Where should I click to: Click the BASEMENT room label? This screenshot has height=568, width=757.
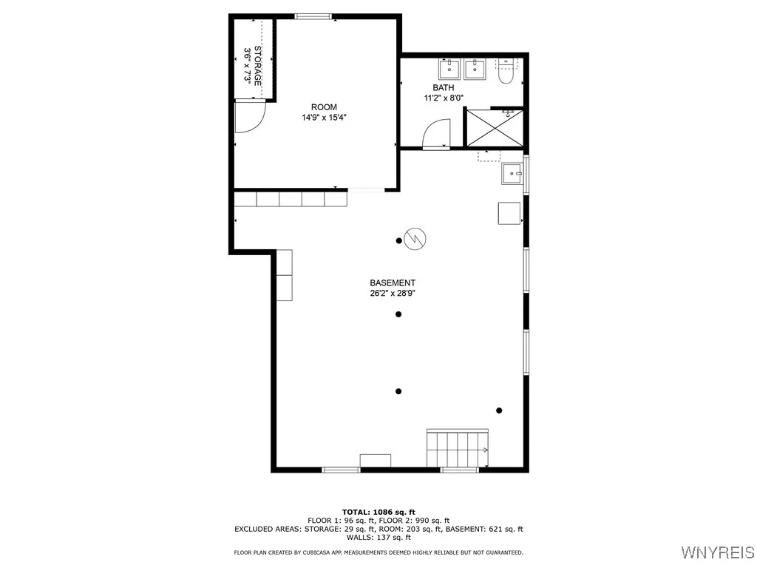393,283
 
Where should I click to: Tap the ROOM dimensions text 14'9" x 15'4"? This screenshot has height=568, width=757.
324,117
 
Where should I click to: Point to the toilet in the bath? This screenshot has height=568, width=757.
506,72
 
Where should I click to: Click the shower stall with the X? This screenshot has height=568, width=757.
491,127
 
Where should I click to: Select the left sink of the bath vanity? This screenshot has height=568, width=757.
449,70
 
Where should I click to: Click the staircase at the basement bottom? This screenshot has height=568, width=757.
457,448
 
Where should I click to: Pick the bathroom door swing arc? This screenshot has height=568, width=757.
435,135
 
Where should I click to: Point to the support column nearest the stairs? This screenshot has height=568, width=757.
499,410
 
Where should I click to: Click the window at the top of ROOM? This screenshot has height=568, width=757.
313,16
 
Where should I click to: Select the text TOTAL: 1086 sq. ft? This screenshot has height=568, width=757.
378,512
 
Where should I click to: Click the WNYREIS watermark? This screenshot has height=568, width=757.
717,552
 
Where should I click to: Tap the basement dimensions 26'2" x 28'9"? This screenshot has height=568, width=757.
393,293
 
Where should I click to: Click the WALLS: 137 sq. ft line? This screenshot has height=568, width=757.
378,538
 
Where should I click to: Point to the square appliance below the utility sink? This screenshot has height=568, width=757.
509,213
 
